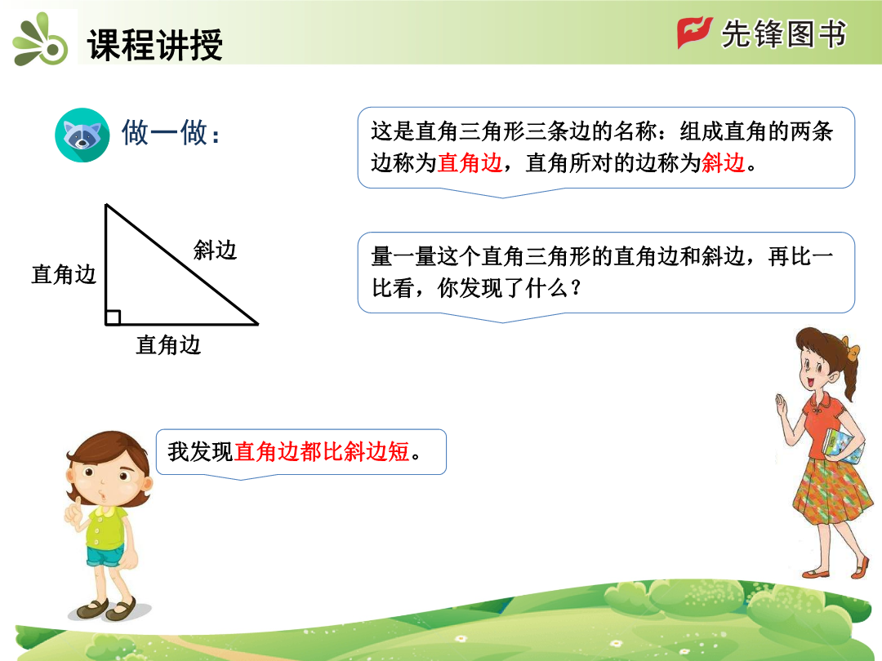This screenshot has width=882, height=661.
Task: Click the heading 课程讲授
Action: pyautogui.click(x=155, y=44)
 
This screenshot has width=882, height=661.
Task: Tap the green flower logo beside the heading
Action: pyautogui.click(x=41, y=39)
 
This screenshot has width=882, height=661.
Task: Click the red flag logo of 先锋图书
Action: pyautogui.click(x=694, y=33)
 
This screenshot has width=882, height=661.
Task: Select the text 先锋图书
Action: pyautogui.click(x=783, y=33)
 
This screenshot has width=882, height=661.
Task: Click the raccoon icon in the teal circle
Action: pyautogui.click(x=82, y=135)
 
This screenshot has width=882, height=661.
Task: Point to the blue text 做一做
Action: pyautogui.click(x=171, y=133)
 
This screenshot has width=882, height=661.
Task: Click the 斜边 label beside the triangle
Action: pyautogui.click(x=215, y=250)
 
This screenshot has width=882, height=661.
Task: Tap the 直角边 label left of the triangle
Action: pyautogui.click(x=64, y=274)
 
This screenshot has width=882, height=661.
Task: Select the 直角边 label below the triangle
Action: pyautogui.click(x=168, y=344)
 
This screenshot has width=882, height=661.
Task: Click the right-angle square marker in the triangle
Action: pyautogui.click(x=113, y=317)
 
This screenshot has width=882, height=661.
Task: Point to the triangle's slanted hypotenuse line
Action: pyautogui.click(x=181, y=264)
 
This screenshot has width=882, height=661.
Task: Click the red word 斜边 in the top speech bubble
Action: pyautogui.click(x=724, y=163)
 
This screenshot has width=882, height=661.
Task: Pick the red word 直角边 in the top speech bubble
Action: pyautogui.click(x=470, y=163)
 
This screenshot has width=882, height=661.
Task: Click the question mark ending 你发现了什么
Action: pyautogui.click(x=575, y=288)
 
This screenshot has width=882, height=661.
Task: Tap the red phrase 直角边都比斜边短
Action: pyautogui.click(x=322, y=451)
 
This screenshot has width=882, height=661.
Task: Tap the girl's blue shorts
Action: pyautogui.click(x=105, y=557)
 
